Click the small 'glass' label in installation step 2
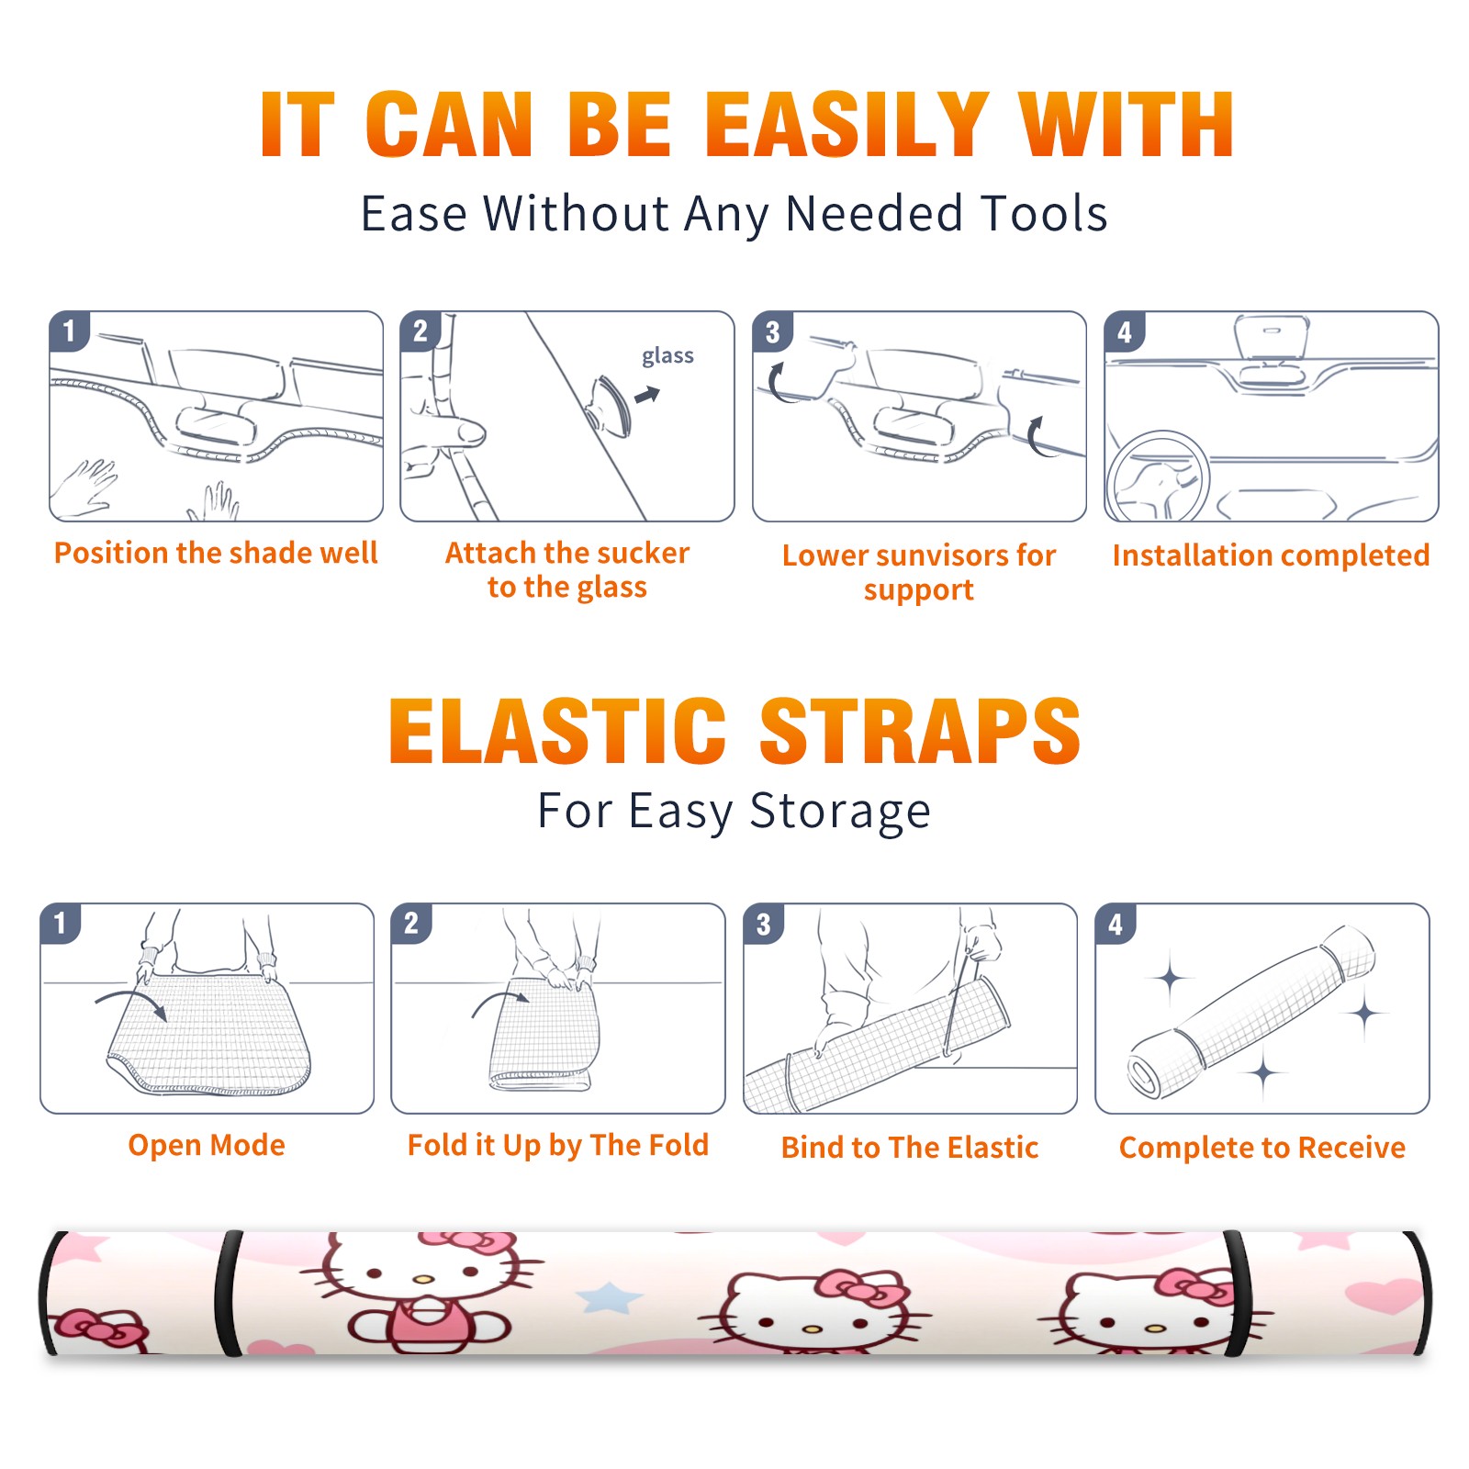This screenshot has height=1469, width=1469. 667,356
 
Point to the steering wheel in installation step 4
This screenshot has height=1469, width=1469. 1157,477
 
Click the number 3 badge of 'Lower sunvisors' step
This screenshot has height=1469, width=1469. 772,331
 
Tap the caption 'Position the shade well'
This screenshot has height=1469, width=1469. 216,553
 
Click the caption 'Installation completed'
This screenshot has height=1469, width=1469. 1271,555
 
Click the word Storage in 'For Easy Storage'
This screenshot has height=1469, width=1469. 840,812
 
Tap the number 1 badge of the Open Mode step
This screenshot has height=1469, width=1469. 61,923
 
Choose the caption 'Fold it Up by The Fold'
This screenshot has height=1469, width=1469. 558,1145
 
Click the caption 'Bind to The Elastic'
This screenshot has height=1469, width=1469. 910,1147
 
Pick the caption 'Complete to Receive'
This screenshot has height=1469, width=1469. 1262,1147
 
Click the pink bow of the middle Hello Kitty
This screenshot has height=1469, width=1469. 860,1287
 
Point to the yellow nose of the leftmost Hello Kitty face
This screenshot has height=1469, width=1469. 422,1278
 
